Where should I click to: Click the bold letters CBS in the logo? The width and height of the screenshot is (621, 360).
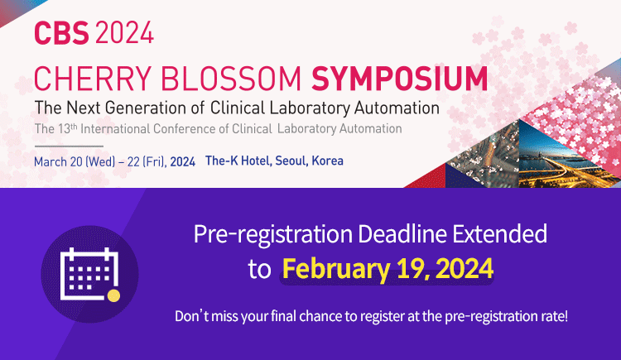pyautogui.click(x=61, y=32)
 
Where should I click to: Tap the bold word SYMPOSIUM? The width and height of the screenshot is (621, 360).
pyautogui.click(x=399, y=79)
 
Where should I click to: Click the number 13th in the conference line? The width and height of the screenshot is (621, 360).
pyautogui.click(x=67, y=128)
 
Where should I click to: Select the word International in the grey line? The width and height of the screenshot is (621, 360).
pyautogui.click(x=115, y=129)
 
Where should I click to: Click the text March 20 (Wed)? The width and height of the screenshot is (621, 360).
pyautogui.click(x=75, y=161)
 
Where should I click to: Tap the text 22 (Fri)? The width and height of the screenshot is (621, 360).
pyautogui.click(x=146, y=161)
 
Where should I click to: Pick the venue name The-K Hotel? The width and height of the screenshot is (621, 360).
pyautogui.click(x=238, y=161)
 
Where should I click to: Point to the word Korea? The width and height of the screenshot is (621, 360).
pyautogui.click(x=328, y=161)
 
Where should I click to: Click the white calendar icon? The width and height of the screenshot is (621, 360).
pyautogui.click(x=89, y=274)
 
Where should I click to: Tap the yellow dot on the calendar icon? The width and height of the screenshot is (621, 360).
pyautogui.click(x=113, y=295)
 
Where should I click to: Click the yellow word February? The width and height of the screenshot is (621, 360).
pyautogui.click(x=336, y=269)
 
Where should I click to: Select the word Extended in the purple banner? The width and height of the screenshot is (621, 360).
pyautogui.click(x=500, y=233)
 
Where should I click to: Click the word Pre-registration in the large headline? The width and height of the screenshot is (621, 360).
pyautogui.click(x=273, y=234)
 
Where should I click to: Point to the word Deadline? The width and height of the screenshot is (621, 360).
pyautogui.click(x=402, y=233)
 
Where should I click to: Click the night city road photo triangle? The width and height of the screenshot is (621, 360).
pyautogui.click(x=562, y=159)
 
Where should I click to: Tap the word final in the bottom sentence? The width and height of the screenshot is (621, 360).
pyautogui.click(x=284, y=316)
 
